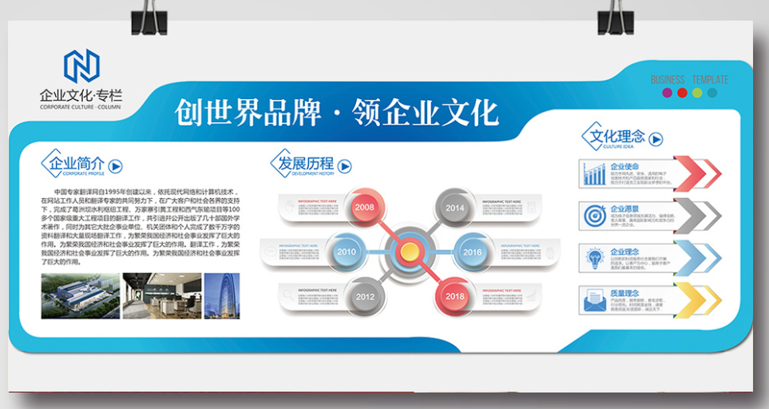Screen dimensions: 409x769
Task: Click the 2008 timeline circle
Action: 365,208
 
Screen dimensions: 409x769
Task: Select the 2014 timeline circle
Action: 454,208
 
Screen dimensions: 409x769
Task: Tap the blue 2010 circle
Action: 346,252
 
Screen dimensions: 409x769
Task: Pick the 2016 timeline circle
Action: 473,252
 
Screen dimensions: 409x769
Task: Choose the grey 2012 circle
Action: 365,296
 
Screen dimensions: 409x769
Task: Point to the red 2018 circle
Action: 454,296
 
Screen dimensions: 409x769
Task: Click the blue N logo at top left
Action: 81,66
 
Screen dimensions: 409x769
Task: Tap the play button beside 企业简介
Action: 116,166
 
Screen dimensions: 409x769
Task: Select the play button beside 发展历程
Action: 345,166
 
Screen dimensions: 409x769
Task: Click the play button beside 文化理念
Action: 656,139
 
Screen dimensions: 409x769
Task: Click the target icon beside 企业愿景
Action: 593,216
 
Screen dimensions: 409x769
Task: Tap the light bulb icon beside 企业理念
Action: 593,258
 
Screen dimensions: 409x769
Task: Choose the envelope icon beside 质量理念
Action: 593,300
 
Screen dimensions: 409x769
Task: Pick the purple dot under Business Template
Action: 667,93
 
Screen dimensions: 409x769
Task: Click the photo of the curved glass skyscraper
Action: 221,296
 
